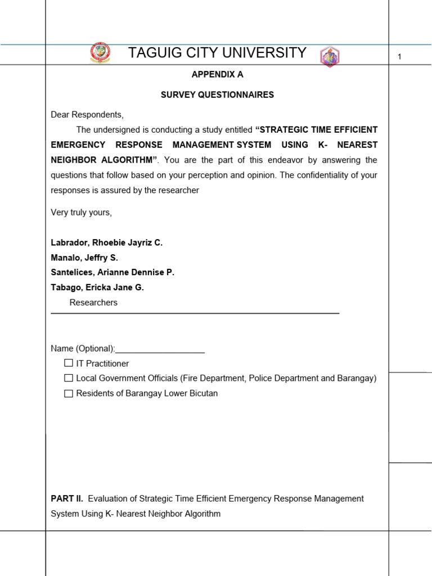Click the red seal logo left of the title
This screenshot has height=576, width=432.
tap(100, 54)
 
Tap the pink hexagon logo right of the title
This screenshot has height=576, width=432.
tap(330, 57)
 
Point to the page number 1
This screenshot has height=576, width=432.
tap(399, 56)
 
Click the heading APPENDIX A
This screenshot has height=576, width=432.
tap(217, 74)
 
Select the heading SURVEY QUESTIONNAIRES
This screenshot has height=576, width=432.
tap(217, 94)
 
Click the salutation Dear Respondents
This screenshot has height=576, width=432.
tap(87, 115)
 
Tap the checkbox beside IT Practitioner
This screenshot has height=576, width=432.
tap(69, 363)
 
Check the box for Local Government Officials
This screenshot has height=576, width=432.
tap(69, 379)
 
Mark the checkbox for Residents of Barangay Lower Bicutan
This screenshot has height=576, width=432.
tap(69, 394)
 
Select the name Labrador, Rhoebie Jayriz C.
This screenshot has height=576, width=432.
tap(106, 242)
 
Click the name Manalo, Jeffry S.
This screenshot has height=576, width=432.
tap(84, 258)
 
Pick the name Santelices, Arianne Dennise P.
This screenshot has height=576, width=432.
tap(112, 272)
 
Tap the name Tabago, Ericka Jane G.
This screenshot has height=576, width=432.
tap(97, 287)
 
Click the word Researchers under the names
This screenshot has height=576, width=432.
tap(93, 303)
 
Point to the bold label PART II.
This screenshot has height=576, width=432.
tap(67, 498)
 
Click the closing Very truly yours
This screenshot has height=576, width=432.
tap(82, 212)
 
